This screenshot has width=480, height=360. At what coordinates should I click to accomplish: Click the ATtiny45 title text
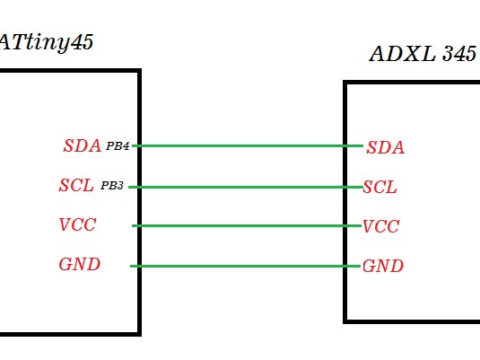pyautogui.click(x=45, y=41)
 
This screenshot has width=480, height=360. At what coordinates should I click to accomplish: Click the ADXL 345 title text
pyautogui.click(x=423, y=54)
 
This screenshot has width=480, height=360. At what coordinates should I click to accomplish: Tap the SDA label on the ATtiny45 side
pyautogui.click(x=82, y=146)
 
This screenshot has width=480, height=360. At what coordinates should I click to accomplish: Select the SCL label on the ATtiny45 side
pyautogui.click(x=76, y=186)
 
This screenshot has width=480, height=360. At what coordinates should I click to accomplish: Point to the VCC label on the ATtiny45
pyautogui.click(x=78, y=224)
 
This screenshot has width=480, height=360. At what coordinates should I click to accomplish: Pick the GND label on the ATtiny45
pyautogui.click(x=79, y=265)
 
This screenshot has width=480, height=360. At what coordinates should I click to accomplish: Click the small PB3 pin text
pyautogui.click(x=112, y=186)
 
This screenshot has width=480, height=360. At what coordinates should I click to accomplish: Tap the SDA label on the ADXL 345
pyautogui.click(x=386, y=148)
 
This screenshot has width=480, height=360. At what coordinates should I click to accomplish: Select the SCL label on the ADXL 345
pyautogui.click(x=380, y=188)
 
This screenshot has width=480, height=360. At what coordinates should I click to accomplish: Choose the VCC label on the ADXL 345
pyautogui.click(x=381, y=226)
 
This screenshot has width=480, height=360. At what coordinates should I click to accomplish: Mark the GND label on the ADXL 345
pyautogui.click(x=383, y=267)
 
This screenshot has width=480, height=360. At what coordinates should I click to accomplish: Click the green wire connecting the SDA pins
pyautogui.click(x=242, y=145)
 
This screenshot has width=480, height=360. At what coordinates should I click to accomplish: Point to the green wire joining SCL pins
pyautogui.click(x=242, y=187)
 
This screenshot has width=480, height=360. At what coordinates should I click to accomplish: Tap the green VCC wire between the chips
pyautogui.click(x=242, y=225)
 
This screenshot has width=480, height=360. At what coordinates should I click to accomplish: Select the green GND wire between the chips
pyautogui.click(x=242, y=266)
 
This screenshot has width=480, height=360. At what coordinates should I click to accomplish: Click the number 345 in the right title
pyautogui.click(x=458, y=54)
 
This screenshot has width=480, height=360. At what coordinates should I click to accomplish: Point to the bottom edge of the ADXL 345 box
pyautogui.click(x=413, y=320)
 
